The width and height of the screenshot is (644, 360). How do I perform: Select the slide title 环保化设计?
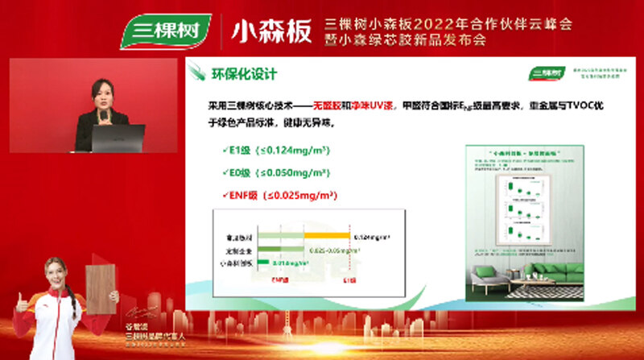(x=245, y=74)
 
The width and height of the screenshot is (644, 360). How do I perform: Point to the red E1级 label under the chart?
(x=349, y=281)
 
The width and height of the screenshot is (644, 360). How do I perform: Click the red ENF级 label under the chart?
(x=278, y=281)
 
